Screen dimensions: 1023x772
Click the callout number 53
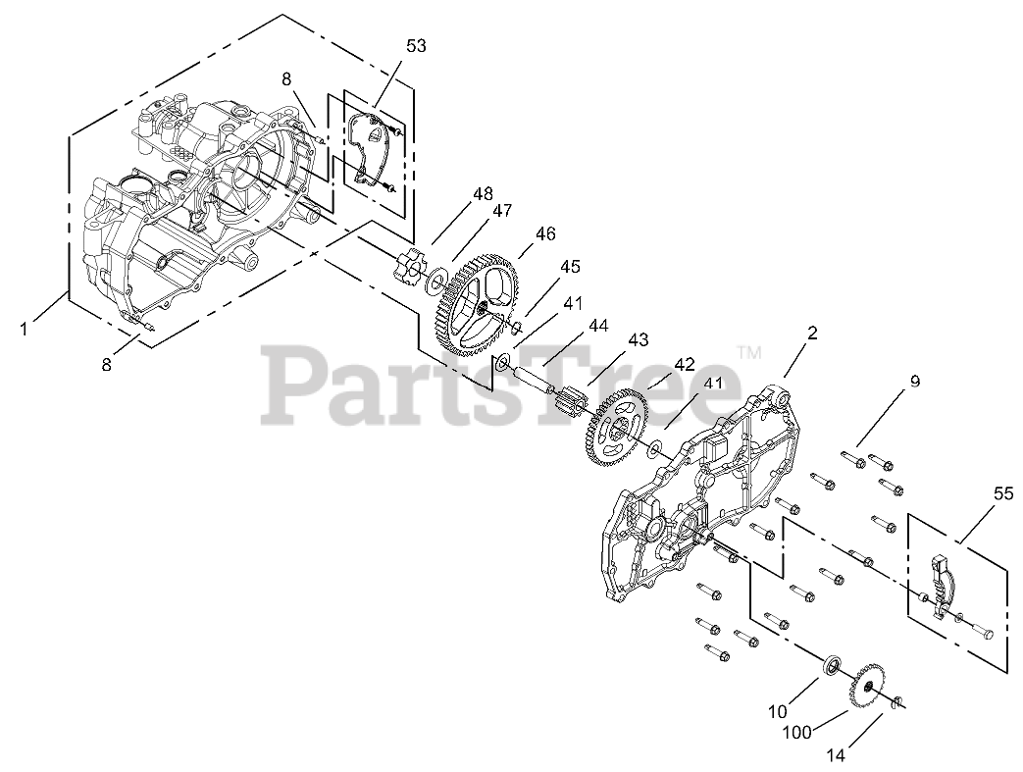(417, 46)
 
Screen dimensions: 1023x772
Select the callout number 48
(483, 194)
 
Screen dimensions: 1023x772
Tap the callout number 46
(545, 233)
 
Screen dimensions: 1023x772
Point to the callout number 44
(597, 324)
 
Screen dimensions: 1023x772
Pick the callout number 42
(683, 363)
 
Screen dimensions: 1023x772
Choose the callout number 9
(914, 382)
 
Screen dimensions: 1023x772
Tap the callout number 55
(1001, 495)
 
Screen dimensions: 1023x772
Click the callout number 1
(25, 329)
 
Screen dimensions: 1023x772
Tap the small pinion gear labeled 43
(569, 402)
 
